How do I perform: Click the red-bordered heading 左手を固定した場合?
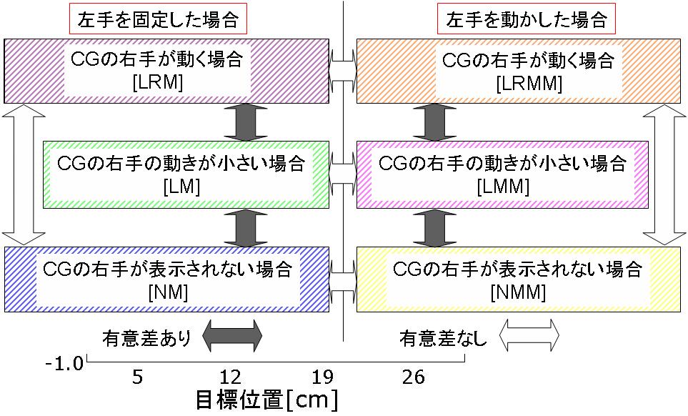158,19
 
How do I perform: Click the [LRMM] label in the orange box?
528,83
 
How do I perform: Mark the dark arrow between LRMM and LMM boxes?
430,122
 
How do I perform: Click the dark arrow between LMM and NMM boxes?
430,227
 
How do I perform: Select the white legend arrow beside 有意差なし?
529,335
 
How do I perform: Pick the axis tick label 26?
414,376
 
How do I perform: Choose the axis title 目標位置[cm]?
266,399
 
